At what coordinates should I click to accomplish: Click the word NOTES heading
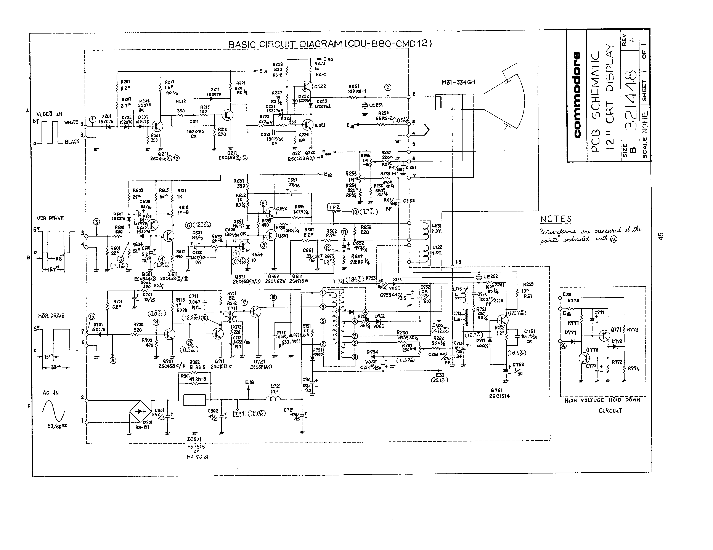(556, 219)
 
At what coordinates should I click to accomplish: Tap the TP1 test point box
(239, 414)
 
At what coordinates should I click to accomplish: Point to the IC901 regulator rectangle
(194, 400)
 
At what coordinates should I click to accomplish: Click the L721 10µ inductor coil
(273, 399)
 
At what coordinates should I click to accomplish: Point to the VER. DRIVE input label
(50, 218)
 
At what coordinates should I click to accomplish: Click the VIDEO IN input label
(49, 114)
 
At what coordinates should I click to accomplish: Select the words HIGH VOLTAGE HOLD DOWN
(602, 400)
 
